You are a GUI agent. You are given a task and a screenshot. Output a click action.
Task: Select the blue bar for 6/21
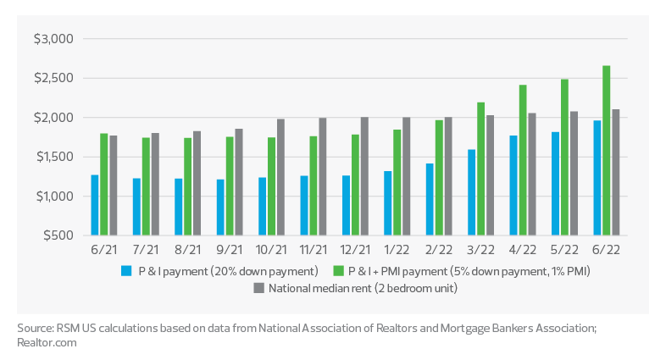(96, 205)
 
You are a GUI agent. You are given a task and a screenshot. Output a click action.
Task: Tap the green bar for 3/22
(480, 169)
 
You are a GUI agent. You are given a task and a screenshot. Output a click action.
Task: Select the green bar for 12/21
(355, 185)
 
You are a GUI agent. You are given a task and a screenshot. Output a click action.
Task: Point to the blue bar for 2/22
(430, 199)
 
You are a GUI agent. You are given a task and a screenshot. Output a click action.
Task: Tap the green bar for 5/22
(564, 158)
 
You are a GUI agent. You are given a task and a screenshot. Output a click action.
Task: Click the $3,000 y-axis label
(55, 39)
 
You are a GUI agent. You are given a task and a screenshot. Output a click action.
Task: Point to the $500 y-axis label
(58, 235)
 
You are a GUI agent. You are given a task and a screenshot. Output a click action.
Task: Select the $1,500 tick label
(55, 157)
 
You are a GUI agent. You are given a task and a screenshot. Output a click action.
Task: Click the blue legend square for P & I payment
(126, 271)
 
